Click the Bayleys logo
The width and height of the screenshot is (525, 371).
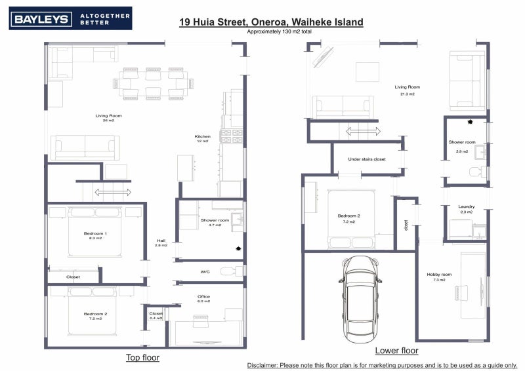click(x=70, y=18)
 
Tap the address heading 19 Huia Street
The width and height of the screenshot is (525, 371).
click(x=271, y=22)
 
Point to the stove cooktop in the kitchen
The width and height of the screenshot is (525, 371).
click(x=232, y=136)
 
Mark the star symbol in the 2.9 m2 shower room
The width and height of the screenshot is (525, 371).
click(x=470, y=122)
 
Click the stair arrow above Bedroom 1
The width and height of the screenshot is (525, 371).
click(x=112, y=192)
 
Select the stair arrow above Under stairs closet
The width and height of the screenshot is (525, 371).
click(x=363, y=132)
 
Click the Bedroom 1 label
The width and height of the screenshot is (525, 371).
click(x=95, y=234)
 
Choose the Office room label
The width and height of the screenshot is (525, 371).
click(x=204, y=296)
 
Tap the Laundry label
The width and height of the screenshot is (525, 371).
click(x=466, y=206)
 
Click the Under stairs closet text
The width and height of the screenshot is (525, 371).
click(x=367, y=159)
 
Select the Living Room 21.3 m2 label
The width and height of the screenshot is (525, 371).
click(x=407, y=90)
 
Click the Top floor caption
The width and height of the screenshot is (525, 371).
click(x=142, y=358)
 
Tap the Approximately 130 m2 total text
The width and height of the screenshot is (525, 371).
click(x=271, y=31)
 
